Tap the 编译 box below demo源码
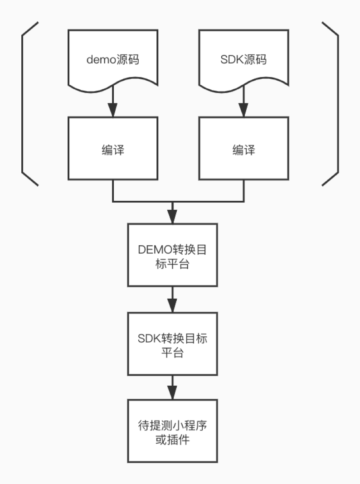tap(112, 148)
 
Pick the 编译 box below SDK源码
tap(243, 148)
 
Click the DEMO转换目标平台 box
tap(172, 255)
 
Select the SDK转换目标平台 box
tap(172, 343)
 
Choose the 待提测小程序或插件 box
tap(172, 431)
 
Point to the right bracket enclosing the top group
tap(336, 103)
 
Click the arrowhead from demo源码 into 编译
tap(112, 110)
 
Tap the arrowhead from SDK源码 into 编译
tap(243, 110)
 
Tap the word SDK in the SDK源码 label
tap(230, 59)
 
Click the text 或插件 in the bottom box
tap(172, 440)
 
